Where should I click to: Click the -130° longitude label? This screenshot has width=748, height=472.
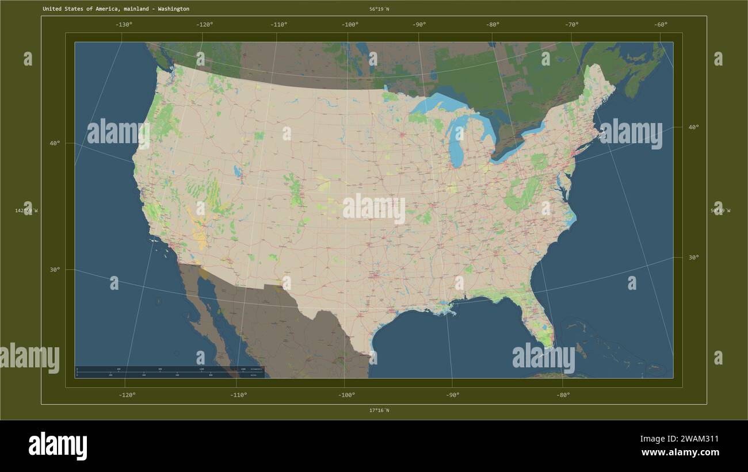(124, 24)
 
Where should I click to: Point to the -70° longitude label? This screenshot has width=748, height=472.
(571, 24)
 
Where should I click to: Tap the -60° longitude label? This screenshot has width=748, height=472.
(661, 24)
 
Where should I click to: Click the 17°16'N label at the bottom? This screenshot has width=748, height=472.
(379, 410)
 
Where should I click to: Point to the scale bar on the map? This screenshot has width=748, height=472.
(169, 372)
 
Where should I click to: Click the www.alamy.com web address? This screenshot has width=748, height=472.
(680, 452)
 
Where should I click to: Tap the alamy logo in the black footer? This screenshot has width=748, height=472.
(58, 446)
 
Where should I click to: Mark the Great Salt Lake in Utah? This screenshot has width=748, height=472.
(237, 171)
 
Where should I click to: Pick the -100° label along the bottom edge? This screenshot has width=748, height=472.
(346, 395)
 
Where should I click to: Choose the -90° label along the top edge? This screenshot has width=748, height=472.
(419, 24)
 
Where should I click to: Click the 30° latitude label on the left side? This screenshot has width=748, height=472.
(54, 270)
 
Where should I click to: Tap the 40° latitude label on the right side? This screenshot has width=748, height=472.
(693, 127)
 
